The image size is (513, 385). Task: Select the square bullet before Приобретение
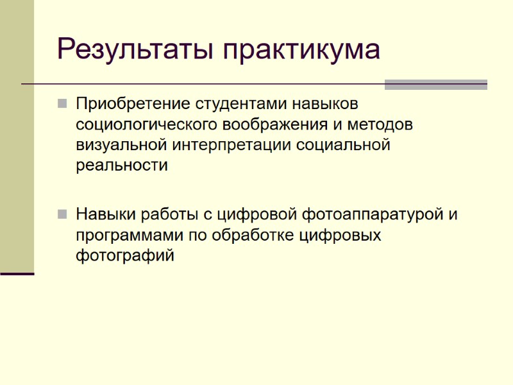(x=62, y=103)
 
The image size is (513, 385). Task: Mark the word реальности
(x=122, y=166)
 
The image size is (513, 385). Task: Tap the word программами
(x=129, y=235)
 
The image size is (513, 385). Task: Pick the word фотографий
(x=124, y=256)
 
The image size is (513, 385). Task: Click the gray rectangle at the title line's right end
(x=435, y=84)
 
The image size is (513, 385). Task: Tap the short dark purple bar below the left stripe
(x=17, y=274)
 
